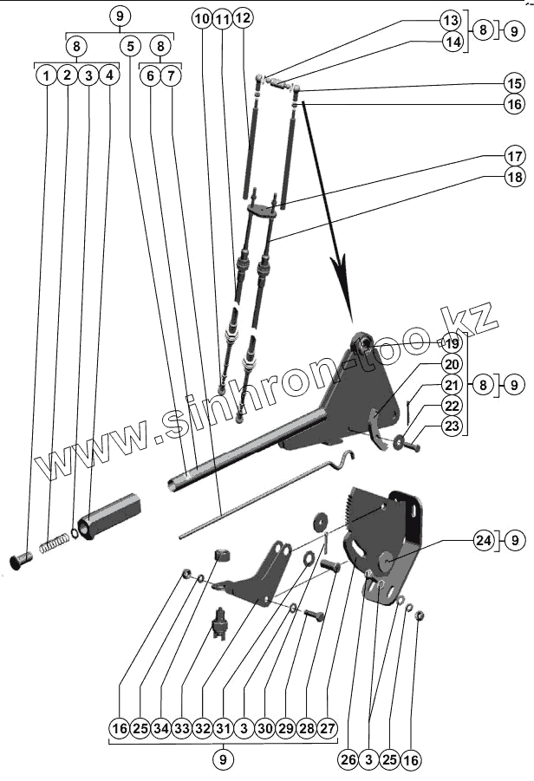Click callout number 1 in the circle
pyautogui.click(x=45, y=75)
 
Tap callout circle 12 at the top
pyautogui.click(x=243, y=17)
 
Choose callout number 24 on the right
pyautogui.click(x=483, y=540)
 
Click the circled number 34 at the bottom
pyautogui.click(x=161, y=730)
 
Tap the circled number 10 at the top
pyautogui.click(x=203, y=17)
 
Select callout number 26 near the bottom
pyautogui.click(x=347, y=760)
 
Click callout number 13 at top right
pyautogui.click(x=450, y=19)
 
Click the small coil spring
pyautogui.click(x=56, y=543)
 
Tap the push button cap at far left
pyautogui.click(x=21, y=559)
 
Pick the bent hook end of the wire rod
pyautogui.click(x=346, y=458)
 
